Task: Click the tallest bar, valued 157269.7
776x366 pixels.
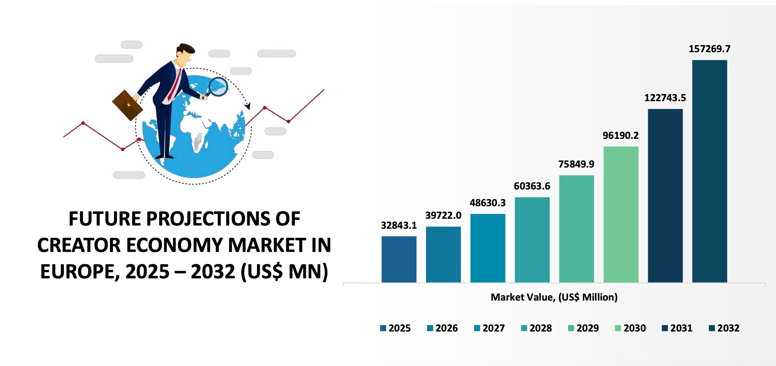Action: pyautogui.click(x=709, y=171)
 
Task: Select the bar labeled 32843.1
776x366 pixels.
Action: pyautogui.click(x=399, y=259)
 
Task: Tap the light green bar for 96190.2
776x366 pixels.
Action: pyautogui.click(x=621, y=215)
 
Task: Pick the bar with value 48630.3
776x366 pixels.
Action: pyautogui.click(x=487, y=248)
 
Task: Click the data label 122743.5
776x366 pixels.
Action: pyautogui.click(x=665, y=98)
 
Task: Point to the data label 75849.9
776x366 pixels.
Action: pyautogui.click(x=576, y=164)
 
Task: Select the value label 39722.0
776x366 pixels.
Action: pyautogui.click(x=443, y=215)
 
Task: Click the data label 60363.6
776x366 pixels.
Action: pyautogui.click(x=532, y=186)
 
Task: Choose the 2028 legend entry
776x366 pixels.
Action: pyautogui.click(x=536, y=328)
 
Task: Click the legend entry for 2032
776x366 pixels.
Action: pyautogui.click(x=724, y=328)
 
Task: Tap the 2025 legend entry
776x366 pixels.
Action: pyautogui.click(x=395, y=328)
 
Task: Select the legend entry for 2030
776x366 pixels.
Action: pyautogui.click(x=630, y=328)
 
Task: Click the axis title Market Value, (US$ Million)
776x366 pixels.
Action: pyautogui.click(x=554, y=297)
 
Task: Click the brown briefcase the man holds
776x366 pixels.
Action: pyautogui.click(x=128, y=105)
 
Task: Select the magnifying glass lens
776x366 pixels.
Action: pyautogui.click(x=218, y=87)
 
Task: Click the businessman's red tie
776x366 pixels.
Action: pyautogui.click(x=174, y=84)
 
